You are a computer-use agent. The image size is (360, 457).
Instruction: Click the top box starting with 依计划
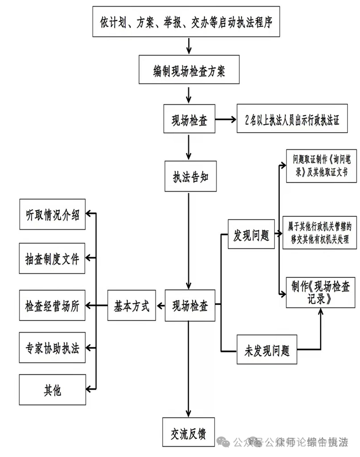pyautogui.click(x=186, y=22)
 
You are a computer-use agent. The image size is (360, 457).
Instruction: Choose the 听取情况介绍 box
pyautogui.click(x=53, y=216)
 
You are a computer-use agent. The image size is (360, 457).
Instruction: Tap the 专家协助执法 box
pyautogui.click(x=53, y=349)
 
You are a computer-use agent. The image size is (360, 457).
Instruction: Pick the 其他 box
pyautogui.click(x=53, y=391)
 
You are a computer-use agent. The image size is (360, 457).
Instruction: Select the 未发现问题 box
pyautogui.click(x=267, y=350)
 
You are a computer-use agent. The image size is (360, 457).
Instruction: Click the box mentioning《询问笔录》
pyautogui.click(x=321, y=166)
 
